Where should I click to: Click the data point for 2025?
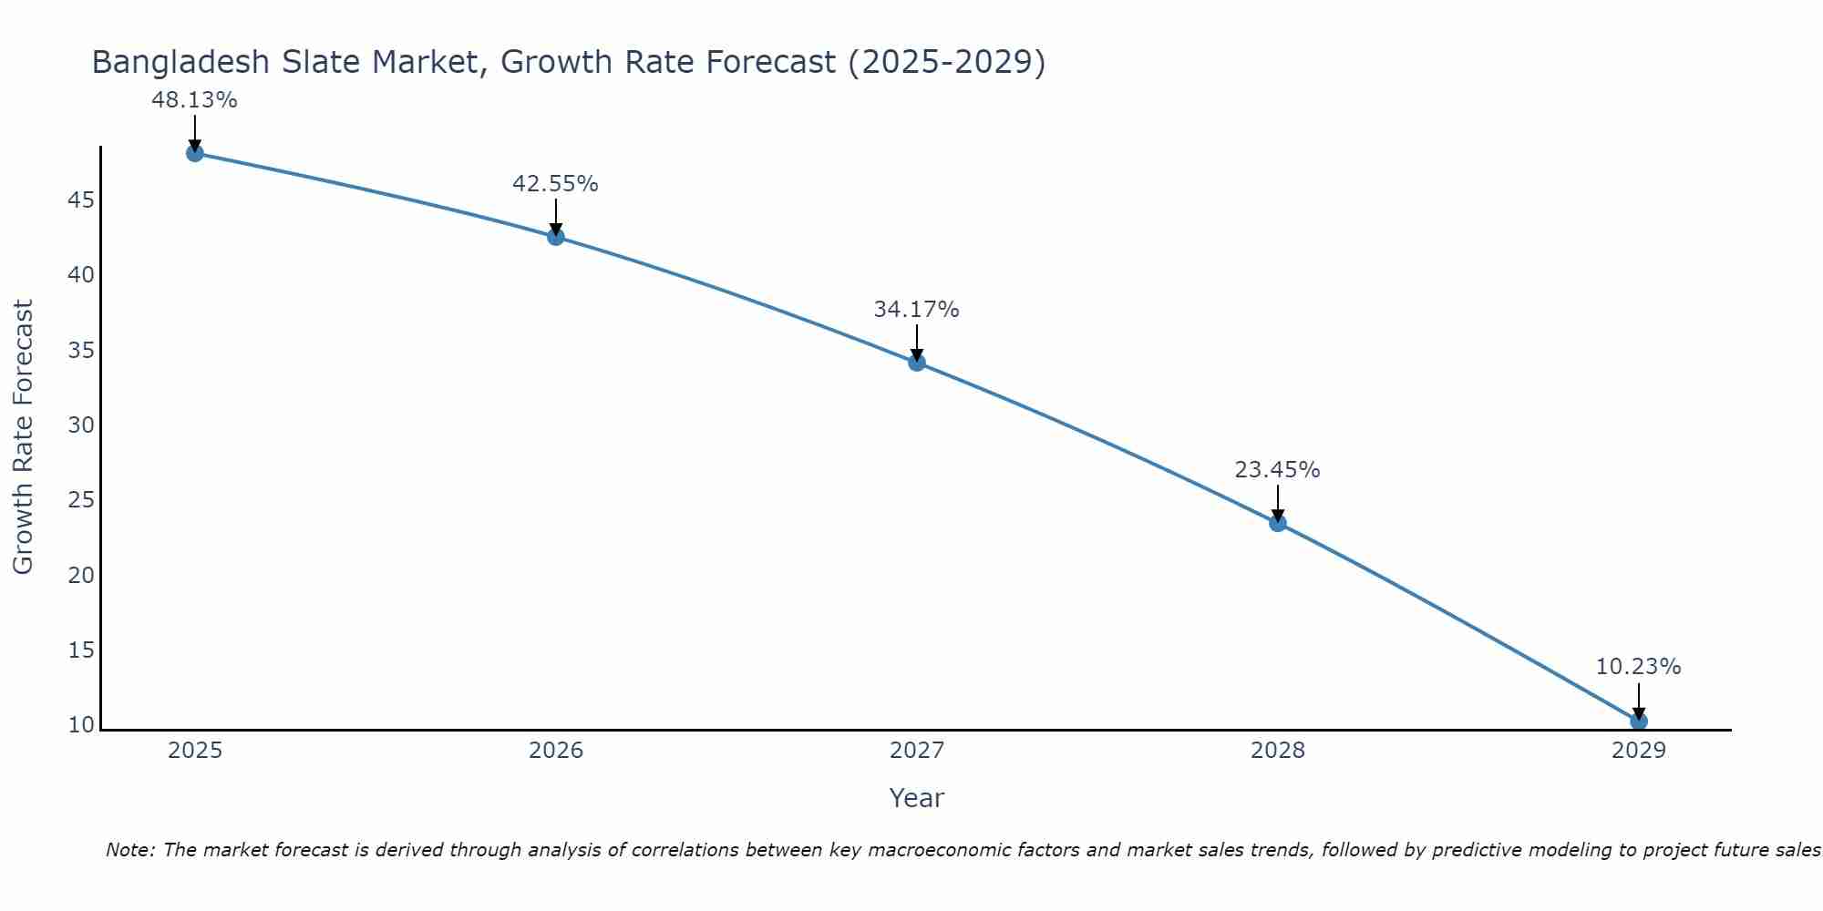click(194, 153)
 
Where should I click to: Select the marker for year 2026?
click(555, 237)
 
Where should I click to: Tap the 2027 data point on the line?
click(916, 363)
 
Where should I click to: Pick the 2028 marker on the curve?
click(1277, 523)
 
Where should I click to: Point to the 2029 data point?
click(1638, 722)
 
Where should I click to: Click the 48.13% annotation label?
click(194, 100)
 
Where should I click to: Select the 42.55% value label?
click(555, 184)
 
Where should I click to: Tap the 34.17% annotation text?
click(916, 310)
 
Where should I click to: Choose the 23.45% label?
click(1277, 470)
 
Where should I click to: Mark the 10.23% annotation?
click(1638, 667)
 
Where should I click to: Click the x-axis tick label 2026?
click(556, 751)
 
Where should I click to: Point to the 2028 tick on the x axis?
click(1277, 751)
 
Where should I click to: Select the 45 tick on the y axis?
click(81, 200)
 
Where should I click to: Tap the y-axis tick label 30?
click(81, 425)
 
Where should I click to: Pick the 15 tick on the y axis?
click(81, 650)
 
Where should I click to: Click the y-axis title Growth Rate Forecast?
click(24, 437)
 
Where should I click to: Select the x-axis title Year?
click(916, 798)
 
